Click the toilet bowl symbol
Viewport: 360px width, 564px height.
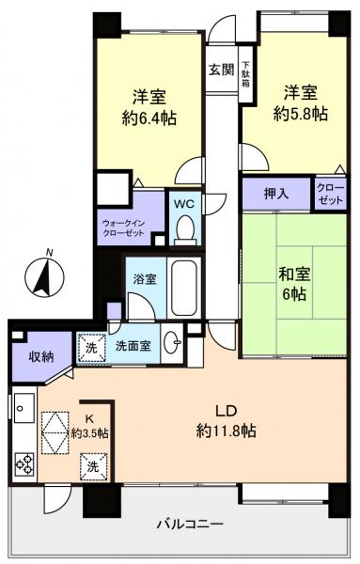(x=185, y=227)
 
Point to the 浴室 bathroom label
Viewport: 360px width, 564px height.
(x=146, y=279)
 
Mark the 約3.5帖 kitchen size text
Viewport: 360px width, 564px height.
(x=90, y=434)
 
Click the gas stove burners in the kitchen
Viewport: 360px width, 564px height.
(x=24, y=464)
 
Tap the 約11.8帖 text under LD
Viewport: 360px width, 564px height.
(x=227, y=431)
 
